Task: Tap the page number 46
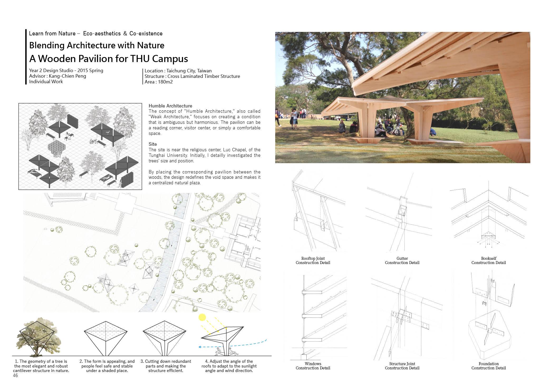(x=15, y=376)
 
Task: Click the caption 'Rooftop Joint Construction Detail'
(x=313, y=261)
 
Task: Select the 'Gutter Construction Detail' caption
(x=402, y=261)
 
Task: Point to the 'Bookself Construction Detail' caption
(x=488, y=261)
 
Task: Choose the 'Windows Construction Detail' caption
(x=313, y=366)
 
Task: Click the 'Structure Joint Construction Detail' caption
(x=402, y=366)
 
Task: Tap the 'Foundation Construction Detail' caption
(x=488, y=366)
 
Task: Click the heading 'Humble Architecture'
(x=170, y=106)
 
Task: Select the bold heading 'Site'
(x=153, y=144)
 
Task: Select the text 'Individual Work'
(x=46, y=82)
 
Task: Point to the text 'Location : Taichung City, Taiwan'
(x=178, y=71)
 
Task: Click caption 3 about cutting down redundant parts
(x=166, y=366)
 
